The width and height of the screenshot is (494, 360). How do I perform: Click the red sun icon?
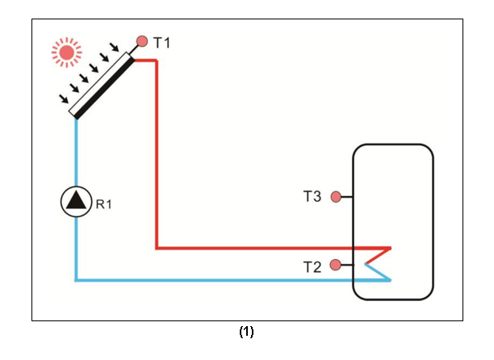pos(67,52)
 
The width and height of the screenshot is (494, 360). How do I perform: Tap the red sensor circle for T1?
pos(142,40)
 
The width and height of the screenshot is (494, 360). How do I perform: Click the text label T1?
pos(161,42)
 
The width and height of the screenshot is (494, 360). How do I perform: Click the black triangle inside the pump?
pos(76,202)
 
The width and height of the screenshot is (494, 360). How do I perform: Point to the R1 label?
pos(104,204)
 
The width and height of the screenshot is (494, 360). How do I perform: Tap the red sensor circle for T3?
pos(336,196)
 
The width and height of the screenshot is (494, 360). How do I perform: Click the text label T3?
pos(312,196)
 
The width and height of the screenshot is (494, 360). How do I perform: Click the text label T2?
pos(312,266)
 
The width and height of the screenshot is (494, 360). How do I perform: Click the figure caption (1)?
pos(246,332)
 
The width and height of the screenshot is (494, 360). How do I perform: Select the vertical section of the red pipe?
pos(156,153)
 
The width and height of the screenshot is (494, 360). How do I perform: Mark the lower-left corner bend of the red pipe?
pos(157,248)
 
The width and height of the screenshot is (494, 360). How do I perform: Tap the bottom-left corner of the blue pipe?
pos(76,280)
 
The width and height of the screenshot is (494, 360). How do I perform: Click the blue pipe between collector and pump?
pos(76,153)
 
